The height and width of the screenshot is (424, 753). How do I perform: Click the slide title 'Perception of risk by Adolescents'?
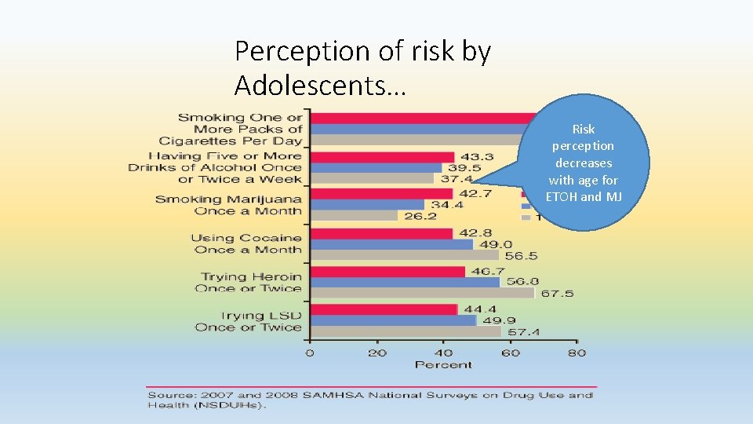[x=363, y=67]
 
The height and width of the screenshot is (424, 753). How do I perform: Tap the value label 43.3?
[x=477, y=157]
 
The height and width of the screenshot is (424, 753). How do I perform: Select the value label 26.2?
[x=420, y=216]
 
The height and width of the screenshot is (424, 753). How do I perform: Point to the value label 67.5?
[x=557, y=293]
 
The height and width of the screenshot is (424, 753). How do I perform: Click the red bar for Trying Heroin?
[x=388, y=272]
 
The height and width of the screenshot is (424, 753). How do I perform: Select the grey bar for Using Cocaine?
[x=405, y=254]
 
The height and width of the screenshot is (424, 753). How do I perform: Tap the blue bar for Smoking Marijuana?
[x=367, y=204]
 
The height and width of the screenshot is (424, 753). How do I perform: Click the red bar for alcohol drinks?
[x=383, y=157]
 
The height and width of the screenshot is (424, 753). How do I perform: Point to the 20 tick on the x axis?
[x=376, y=353]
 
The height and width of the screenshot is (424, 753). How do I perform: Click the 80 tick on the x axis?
[x=577, y=353]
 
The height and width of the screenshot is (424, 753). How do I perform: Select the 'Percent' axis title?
[x=443, y=364]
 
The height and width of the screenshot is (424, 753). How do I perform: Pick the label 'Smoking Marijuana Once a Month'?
[x=228, y=205]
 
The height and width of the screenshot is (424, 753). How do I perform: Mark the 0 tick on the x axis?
[x=310, y=353]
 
